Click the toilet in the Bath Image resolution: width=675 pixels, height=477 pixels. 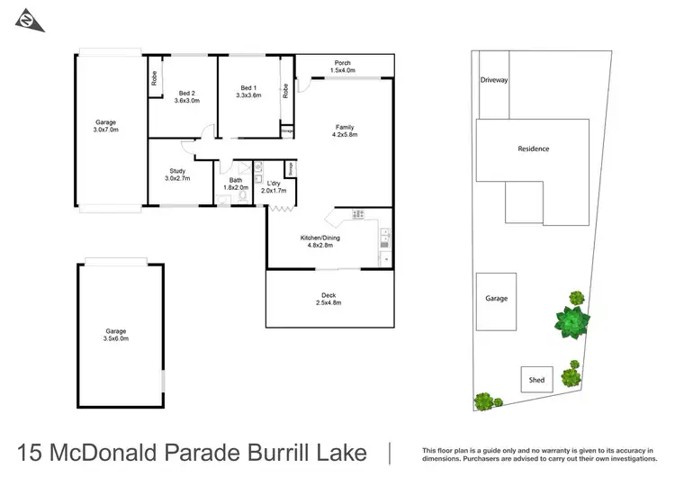click(243, 194)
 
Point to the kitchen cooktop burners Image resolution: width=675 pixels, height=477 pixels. click(358, 214)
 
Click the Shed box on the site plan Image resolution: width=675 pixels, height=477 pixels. click(536, 380)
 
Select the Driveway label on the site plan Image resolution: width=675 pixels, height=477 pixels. click(493, 80)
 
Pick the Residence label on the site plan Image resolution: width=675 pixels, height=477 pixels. click(533, 148)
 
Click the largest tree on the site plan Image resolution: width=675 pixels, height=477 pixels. click(572, 322)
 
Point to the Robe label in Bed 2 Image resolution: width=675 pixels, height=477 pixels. click(155, 78)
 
